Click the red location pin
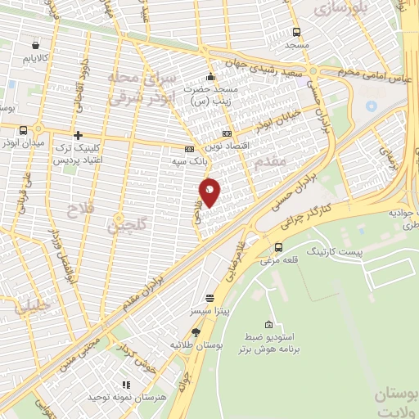tap(210, 191)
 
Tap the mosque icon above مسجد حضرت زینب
tap(211, 76)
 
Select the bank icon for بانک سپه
tap(190, 150)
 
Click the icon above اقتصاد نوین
tap(227, 133)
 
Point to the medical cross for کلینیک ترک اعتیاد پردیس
tap(78, 135)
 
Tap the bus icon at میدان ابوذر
tap(23, 129)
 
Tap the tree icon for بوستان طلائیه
tap(196, 331)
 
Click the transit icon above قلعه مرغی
tap(279, 247)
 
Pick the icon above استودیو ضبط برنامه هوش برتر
tap(269, 326)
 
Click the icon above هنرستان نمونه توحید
tap(126, 384)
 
